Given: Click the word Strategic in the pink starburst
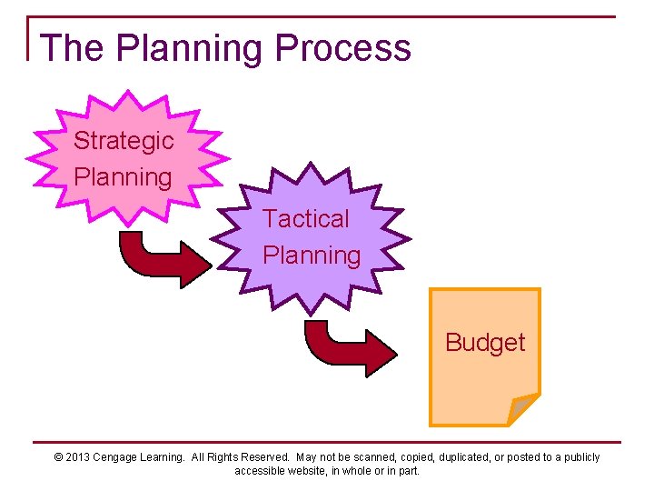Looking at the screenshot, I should click(124, 141).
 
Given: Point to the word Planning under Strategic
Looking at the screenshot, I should click(123, 177).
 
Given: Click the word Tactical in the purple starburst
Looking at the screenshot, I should click(306, 219).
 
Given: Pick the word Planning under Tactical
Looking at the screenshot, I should click(312, 256).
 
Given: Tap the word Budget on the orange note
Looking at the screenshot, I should click(485, 343).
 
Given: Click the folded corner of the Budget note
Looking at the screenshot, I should click(522, 408).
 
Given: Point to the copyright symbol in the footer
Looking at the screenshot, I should click(58, 457).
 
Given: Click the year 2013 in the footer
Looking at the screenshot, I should click(78, 457).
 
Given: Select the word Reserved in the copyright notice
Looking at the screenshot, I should click(264, 457).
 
